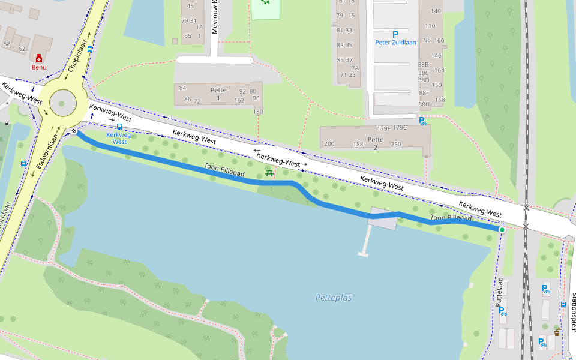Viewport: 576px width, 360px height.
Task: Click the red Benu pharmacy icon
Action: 39,58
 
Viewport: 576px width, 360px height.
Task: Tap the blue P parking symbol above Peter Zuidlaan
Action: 395,35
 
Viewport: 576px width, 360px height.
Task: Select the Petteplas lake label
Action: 333,298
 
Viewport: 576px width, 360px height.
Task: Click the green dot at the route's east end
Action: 502,229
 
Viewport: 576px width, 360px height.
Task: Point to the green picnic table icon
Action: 269,174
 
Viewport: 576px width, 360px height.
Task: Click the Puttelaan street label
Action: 499,292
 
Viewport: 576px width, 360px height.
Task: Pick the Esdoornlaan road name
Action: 46,155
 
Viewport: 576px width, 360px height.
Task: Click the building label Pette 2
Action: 376,143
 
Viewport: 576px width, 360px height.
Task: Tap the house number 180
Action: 258,112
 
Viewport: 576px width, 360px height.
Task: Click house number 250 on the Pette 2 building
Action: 395,144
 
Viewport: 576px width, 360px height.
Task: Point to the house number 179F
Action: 383,128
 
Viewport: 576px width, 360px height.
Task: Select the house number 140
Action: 436,11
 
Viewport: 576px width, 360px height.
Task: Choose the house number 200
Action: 329,144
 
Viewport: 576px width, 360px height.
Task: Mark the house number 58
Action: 7,44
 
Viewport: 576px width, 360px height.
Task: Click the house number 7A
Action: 355,68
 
